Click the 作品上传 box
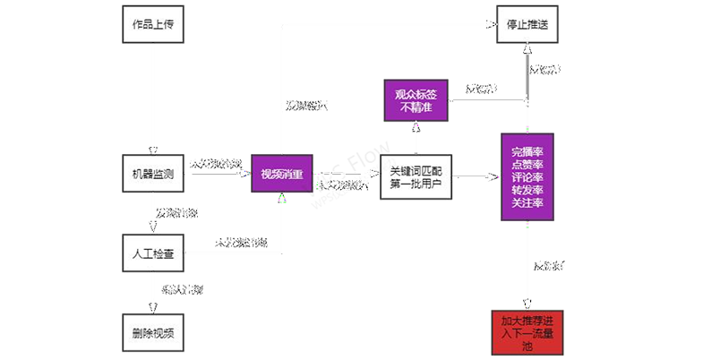[x=152, y=24]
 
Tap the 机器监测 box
[x=152, y=172]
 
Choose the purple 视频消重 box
[x=281, y=174]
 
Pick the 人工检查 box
[x=152, y=253]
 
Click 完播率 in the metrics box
[x=528, y=150]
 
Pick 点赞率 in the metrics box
[x=528, y=163]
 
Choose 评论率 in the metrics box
[x=528, y=176]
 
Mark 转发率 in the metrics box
[x=528, y=190]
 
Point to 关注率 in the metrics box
[x=528, y=203]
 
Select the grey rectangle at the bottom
[x=312, y=304]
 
